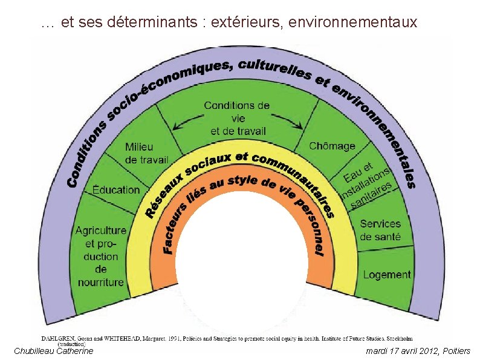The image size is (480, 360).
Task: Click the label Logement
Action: pos(387,275)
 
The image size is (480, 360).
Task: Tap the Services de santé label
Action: pos(380,231)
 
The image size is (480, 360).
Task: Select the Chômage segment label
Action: pos(332,146)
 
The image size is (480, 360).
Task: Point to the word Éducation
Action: pos(116,189)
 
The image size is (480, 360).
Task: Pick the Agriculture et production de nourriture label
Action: pos(101,256)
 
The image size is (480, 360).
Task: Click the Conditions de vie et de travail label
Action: pos(237,118)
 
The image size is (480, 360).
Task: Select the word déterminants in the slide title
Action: pos(153,23)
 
